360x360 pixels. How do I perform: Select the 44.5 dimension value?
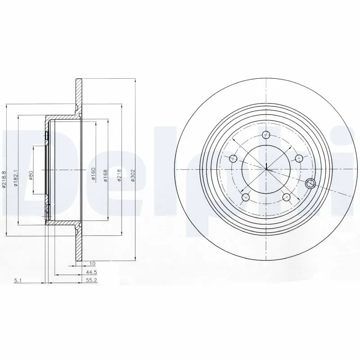(x=92, y=273)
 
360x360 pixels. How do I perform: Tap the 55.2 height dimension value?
(x=92, y=280)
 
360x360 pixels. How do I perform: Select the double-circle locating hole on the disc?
(x=310, y=183)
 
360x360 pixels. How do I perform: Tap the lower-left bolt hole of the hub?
(x=246, y=197)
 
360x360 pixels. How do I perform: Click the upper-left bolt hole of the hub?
(x=233, y=158)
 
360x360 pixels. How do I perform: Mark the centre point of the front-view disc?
(x=266, y=169)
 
